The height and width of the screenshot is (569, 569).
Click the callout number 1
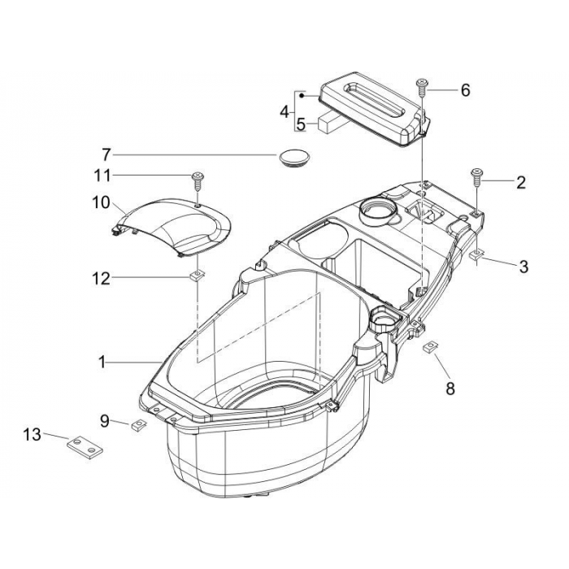click(102, 363)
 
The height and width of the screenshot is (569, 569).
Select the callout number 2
click(521, 183)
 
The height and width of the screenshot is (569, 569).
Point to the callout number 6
click(465, 90)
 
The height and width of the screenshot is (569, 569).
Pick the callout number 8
click(450, 389)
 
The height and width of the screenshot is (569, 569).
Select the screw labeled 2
click(476, 177)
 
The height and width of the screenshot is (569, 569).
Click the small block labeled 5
click(329, 121)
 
